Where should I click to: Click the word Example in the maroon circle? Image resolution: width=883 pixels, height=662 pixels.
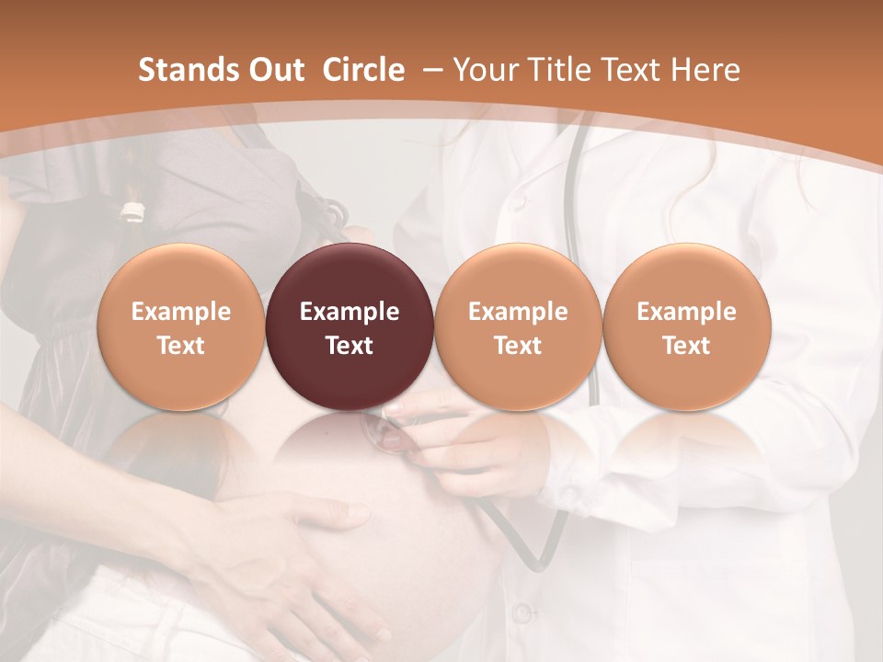tap(350, 312)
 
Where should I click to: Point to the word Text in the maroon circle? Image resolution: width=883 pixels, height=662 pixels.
tap(350, 346)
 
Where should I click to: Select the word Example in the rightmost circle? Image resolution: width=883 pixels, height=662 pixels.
tap(686, 312)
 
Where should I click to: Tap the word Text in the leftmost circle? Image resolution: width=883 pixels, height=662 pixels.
tap(180, 346)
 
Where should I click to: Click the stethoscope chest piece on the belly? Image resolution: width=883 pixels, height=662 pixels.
tap(391, 432)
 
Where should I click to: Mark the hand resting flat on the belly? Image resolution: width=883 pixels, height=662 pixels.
tap(276, 542)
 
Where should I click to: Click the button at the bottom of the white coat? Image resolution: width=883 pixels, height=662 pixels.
tap(522, 611)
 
